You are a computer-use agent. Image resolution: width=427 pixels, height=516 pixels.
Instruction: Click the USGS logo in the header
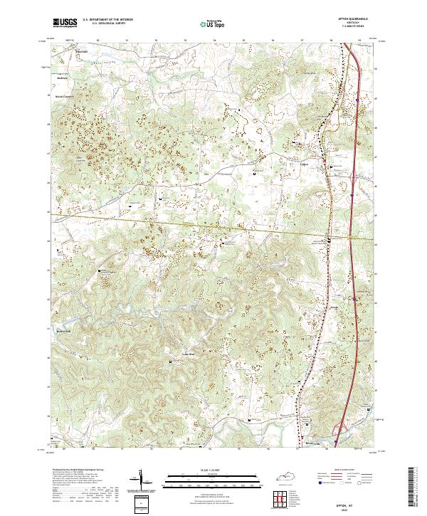pyautogui.click(x=65, y=23)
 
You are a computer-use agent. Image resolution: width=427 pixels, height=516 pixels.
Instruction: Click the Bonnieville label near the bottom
pyautogui.click(x=310, y=432)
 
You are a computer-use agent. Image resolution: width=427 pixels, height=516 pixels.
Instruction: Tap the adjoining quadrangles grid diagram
pyautogui.click(x=283, y=497)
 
